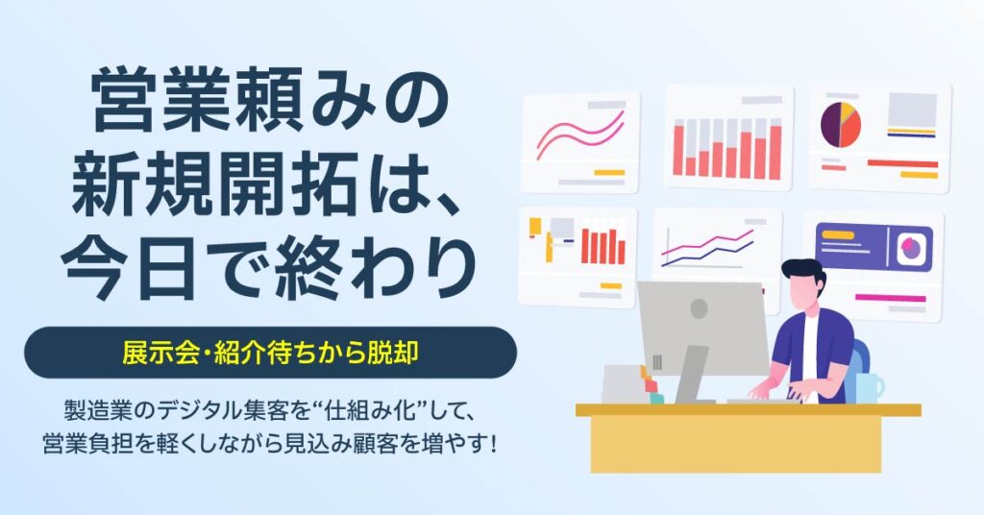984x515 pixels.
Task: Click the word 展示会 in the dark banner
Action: [157, 353]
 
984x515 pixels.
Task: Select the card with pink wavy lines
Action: [579, 141]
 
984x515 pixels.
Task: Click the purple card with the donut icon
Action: [873, 248]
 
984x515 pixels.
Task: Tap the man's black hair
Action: [801, 272]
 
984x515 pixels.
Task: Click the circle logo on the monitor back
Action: [700, 308]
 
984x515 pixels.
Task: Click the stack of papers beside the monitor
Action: [625, 382]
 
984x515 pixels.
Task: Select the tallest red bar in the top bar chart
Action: [775, 150]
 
